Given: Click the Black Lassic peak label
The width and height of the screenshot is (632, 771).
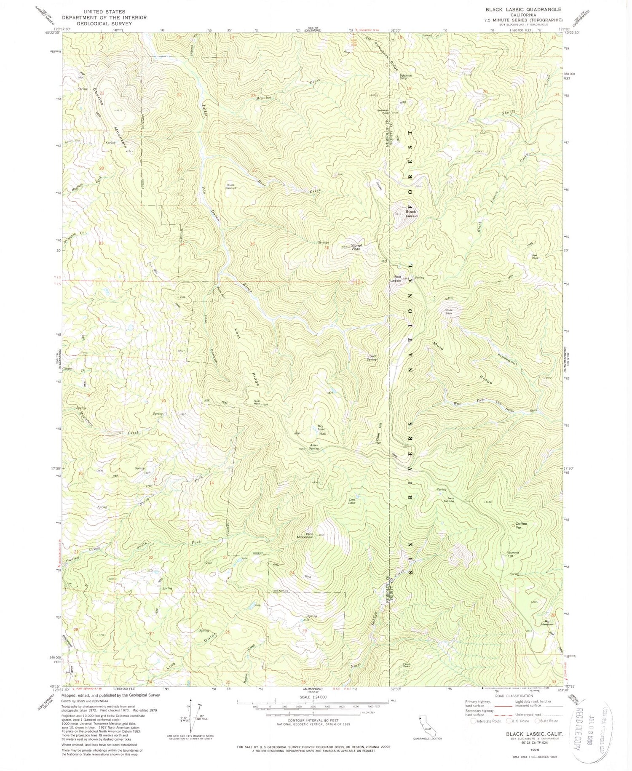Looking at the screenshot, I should tap(411, 214).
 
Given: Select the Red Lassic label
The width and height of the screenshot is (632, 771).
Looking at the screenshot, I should tap(395, 278).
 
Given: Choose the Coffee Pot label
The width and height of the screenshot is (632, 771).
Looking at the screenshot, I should tap(521, 525).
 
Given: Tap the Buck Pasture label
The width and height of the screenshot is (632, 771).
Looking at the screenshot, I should tap(231, 186).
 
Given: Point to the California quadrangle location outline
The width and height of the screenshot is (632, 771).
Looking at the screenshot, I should tap(421, 718).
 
